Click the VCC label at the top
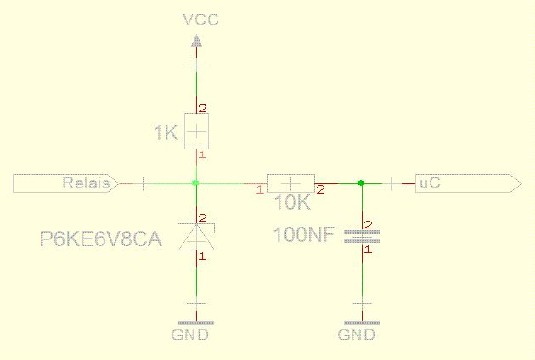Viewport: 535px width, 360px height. (201, 20)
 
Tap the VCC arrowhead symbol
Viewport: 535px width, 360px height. (196, 41)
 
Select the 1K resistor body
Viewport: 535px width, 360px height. (196, 131)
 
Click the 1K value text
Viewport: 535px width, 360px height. (166, 132)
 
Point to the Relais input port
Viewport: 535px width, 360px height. (66, 183)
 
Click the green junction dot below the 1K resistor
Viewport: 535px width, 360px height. (195, 183)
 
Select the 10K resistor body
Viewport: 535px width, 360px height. (290, 183)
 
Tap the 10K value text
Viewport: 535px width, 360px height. (292, 202)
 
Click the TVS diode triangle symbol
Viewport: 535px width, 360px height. (197, 237)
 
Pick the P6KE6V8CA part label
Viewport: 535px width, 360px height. (101, 239)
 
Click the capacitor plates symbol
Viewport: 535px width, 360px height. (362, 237)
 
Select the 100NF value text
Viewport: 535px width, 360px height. (304, 234)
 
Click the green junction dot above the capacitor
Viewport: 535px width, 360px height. (361, 183)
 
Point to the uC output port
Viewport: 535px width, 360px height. (468, 183)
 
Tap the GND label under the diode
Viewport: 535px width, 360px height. (189, 335)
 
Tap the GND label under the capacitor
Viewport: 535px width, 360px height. (356, 335)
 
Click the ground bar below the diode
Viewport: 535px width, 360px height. (196, 323)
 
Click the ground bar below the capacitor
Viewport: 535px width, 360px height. (362, 323)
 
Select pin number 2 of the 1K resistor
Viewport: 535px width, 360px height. (203, 109)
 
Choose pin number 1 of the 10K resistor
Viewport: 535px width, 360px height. (260, 189)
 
